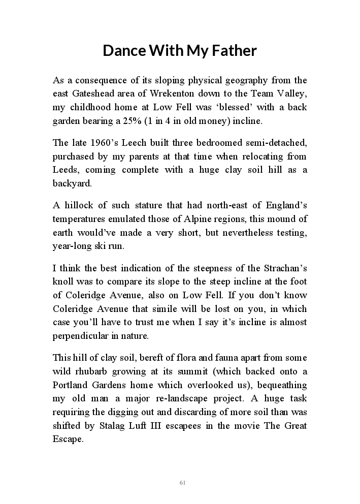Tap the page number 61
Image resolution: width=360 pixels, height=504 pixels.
(x=182, y=483)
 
